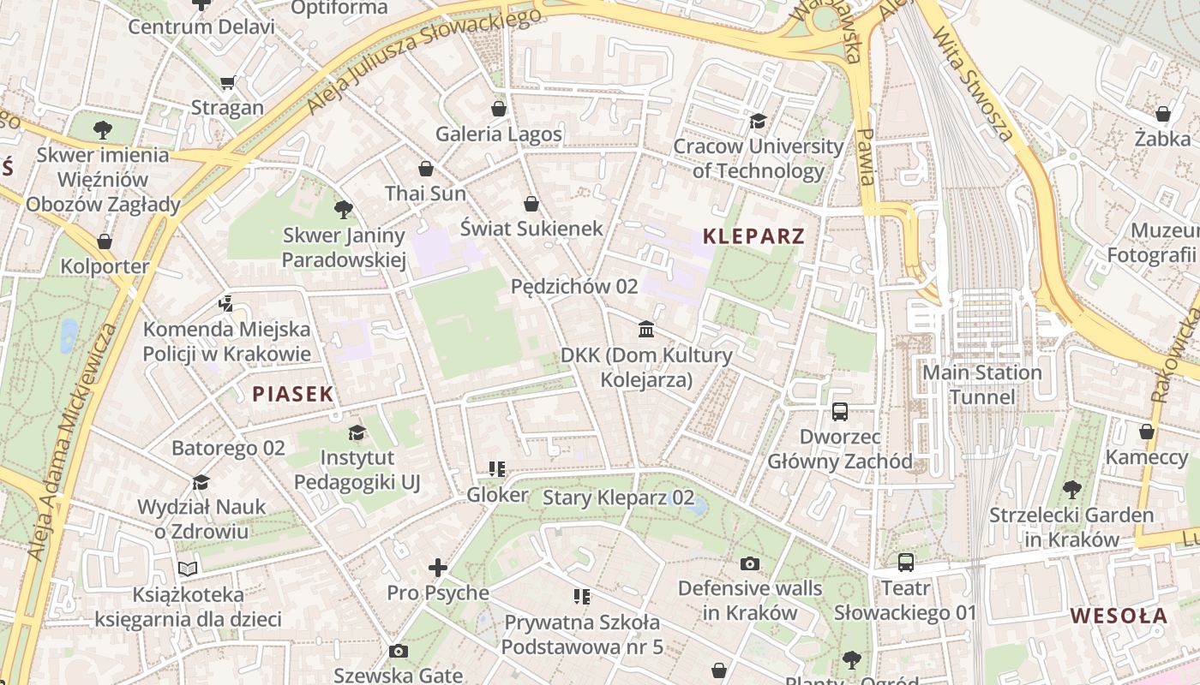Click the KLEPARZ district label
click(753, 236)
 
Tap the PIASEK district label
click(292, 394)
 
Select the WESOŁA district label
click(1119, 616)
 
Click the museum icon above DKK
click(646, 330)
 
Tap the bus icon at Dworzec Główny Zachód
click(839, 412)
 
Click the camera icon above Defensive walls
click(750, 563)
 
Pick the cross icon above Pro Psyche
click(438, 568)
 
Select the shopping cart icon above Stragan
click(227, 83)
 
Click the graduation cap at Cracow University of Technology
click(758, 121)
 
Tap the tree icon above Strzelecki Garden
click(1071, 490)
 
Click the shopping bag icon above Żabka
click(1163, 113)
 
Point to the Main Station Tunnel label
click(981, 384)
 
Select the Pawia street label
click(867, 157)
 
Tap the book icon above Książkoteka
click(188, 569)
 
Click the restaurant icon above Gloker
click(497, 469)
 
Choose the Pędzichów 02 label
click(574, 286)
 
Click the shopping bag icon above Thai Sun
click(426, 169)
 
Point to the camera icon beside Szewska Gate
click(398, 652)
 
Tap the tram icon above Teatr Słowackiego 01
click(906, 563)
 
